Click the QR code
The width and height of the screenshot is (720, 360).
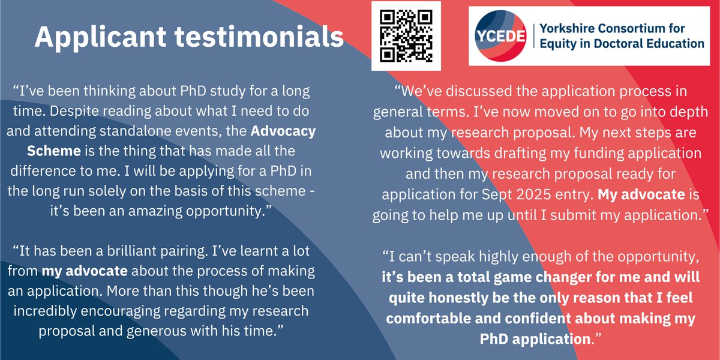pyautogui.click(x=406, y=36)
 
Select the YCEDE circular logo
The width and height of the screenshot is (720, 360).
pyautogui.click(x=500, y=36)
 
